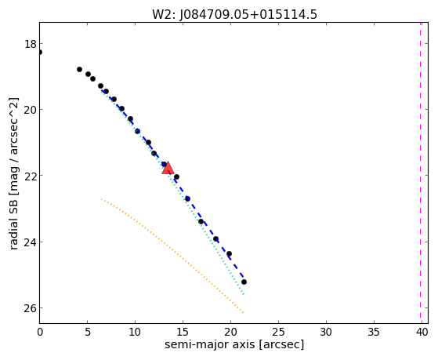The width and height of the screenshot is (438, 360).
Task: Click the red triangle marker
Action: (168, 168)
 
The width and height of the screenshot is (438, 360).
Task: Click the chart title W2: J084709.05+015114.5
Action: (234, 15)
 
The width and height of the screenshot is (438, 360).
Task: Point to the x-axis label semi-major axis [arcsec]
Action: (234, 344)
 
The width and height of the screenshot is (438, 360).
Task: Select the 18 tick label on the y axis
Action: (31, 44)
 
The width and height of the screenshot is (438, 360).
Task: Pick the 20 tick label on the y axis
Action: (31, 110)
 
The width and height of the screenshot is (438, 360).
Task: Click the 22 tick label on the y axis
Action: (31, 176)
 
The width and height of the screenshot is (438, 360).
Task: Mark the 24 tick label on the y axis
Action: (31, 242)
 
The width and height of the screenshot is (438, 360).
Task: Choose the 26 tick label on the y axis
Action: (31, 308)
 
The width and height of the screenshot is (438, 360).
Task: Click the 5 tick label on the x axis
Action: (88, 332)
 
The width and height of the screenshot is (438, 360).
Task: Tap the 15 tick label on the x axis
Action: (183, 332)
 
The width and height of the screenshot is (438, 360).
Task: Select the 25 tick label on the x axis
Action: (278, 332)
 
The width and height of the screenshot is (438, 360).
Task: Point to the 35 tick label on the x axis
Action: (374, 332)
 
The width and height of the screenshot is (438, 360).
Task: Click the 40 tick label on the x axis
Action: (422, 332)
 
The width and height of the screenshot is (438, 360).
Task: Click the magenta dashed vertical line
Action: (420, 173)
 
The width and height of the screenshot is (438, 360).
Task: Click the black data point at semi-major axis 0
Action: (40, 52)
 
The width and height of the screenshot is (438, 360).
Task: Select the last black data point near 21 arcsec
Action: (244, 282)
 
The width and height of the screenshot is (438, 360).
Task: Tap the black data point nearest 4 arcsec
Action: (79, 69)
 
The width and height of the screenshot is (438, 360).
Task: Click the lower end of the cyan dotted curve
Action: (244, 295)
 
